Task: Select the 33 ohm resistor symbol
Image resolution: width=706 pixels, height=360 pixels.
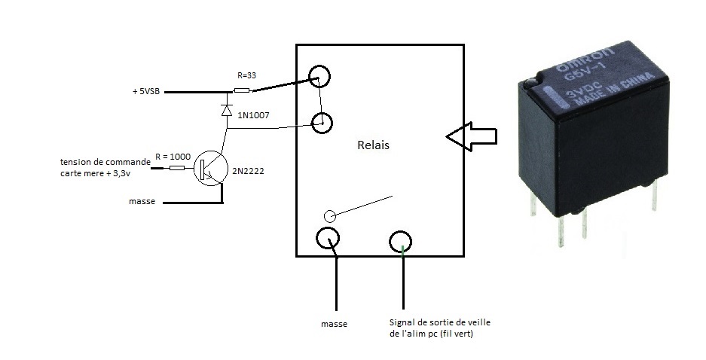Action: [x=242, y=91]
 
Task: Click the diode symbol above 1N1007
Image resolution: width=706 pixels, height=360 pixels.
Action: [x=227, y=109]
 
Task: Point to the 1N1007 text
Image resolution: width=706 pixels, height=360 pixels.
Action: [x=253, y=115]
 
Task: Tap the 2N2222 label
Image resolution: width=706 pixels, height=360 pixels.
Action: [x=248, y=172]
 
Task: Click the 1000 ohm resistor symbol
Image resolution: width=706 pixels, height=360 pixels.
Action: [x=176, y=168]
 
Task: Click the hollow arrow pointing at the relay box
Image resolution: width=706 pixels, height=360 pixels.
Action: [x=471, y=136]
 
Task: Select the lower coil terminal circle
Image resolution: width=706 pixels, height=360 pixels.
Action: [x=322, y=121]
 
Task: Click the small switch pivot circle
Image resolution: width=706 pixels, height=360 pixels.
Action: [x=329, y=216]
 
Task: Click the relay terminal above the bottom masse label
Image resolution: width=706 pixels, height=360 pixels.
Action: [x=328, y=239]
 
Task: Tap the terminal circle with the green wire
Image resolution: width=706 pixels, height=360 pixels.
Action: [x=401, y=241]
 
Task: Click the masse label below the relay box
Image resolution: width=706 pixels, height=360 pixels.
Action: [x=333, y=324]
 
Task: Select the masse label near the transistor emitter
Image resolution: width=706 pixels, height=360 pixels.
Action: [x=142, y=202]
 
